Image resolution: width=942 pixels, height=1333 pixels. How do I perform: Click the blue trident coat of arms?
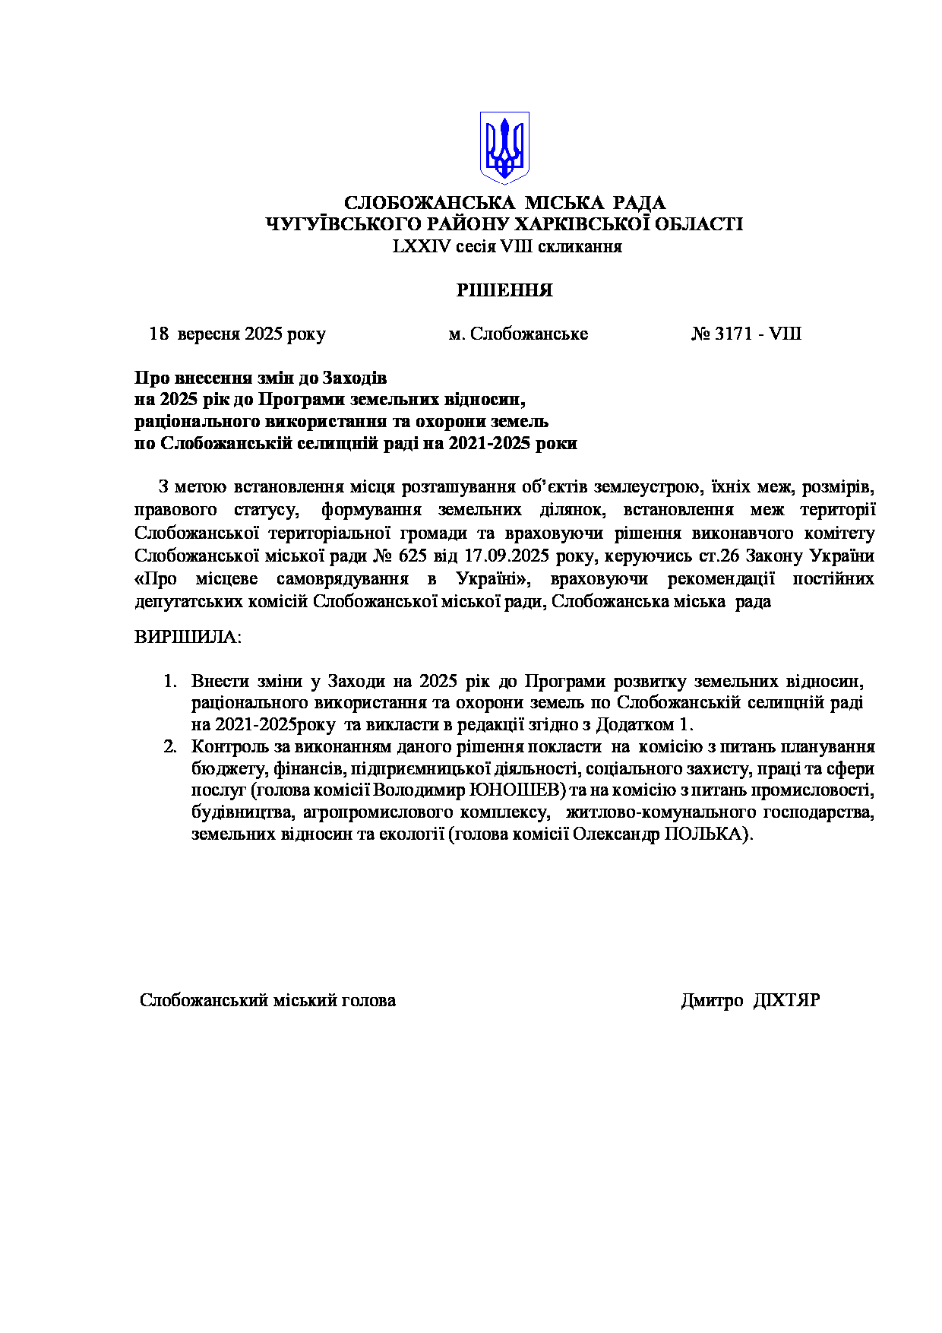504,147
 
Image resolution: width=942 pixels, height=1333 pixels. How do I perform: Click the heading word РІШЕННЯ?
504,290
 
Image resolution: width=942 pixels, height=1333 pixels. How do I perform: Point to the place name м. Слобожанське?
518,334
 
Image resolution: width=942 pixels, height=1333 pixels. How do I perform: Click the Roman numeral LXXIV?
416,246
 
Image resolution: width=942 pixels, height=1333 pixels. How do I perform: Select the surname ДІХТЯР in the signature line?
787,1000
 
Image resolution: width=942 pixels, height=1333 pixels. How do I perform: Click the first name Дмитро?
712,1000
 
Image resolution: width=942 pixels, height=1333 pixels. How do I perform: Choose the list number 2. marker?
170,746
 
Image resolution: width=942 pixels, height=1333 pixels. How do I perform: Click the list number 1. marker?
170,680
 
